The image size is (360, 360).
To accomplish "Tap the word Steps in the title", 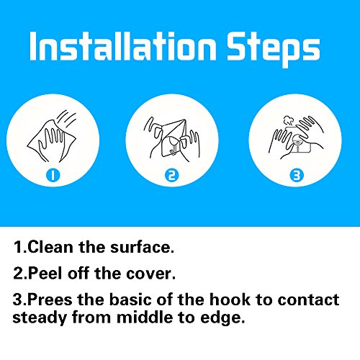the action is point(274,50).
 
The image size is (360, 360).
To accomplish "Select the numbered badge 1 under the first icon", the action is point(53,176).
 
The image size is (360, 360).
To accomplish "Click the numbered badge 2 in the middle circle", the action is point(172,176).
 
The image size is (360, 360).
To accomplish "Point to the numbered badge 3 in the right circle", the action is point(297,176).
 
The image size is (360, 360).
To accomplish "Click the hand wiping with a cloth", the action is point(52,142).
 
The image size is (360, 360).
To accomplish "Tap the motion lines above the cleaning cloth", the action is point(67,118).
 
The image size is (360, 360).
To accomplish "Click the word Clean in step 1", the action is point(50,247).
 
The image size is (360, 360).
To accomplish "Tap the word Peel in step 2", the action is point(45,273).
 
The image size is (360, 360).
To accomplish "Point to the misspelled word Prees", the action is point(50,300).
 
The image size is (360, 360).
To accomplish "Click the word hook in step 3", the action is point(230,300).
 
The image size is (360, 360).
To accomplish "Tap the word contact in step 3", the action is point(308,300).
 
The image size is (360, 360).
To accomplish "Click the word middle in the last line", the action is point(145,317).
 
